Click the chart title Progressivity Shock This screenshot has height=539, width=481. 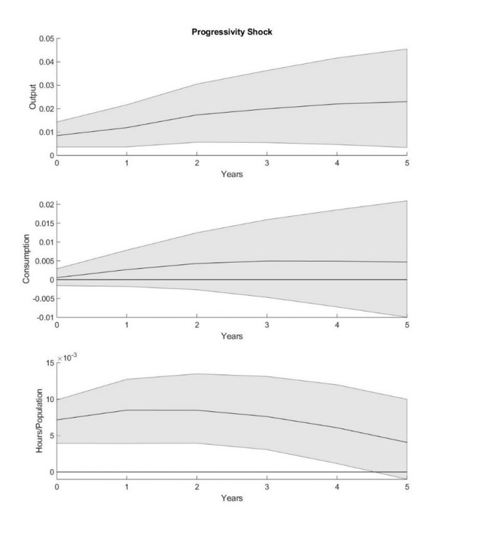point(232,32)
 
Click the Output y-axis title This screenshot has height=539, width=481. point(33,98)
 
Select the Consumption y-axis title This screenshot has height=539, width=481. point(27,259)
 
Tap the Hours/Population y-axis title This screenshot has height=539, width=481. point(39,421)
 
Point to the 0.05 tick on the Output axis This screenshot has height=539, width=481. point(46,39)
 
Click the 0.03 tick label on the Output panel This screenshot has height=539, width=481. point(46,85)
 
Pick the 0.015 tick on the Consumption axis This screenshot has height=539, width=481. point(44,223)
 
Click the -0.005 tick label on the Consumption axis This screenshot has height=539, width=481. point(43,299)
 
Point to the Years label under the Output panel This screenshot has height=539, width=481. point(232,174)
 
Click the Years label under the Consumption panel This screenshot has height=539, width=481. point(232,336)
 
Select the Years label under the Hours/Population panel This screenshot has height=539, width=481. point(232,498)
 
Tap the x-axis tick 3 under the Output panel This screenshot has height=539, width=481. point(267,163)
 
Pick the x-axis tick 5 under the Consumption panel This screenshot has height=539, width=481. point(406,326)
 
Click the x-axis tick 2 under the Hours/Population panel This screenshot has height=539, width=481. point(197,487)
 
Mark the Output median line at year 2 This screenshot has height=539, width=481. point(197,115)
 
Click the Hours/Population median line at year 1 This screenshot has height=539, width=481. point(127,410)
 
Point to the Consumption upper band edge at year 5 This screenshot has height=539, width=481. point(406,201)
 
